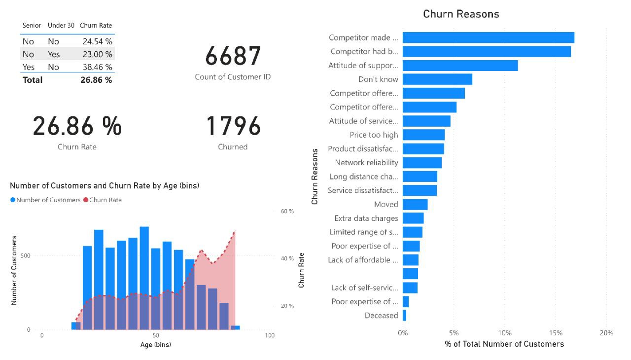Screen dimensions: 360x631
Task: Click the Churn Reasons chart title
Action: coord(461,14)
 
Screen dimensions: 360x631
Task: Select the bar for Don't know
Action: coord(437,79)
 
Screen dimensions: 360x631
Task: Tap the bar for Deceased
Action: coord(404,315)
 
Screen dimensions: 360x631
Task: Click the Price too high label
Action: coord(374,135)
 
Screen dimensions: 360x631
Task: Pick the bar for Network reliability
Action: coord(422,162)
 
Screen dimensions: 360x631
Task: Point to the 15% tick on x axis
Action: coord(556,333)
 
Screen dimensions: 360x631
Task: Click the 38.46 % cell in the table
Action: coord(97,67)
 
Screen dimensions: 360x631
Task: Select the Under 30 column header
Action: coord(61,25)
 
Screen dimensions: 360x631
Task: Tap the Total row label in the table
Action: coord(33,80)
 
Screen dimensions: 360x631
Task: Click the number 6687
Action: coord(233,56)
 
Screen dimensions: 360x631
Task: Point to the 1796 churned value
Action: coord(233,126)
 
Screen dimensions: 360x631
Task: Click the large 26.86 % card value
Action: coord(77,126)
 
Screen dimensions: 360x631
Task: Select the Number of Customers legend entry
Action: coord(48,200)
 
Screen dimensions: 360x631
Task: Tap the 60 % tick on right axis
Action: coord(287,211)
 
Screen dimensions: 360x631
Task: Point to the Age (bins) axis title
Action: coord(155,345)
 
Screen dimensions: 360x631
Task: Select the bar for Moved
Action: coord(415,204)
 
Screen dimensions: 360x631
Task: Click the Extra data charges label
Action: coord(366,218)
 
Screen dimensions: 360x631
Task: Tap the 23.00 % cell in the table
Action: coord(97,54)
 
